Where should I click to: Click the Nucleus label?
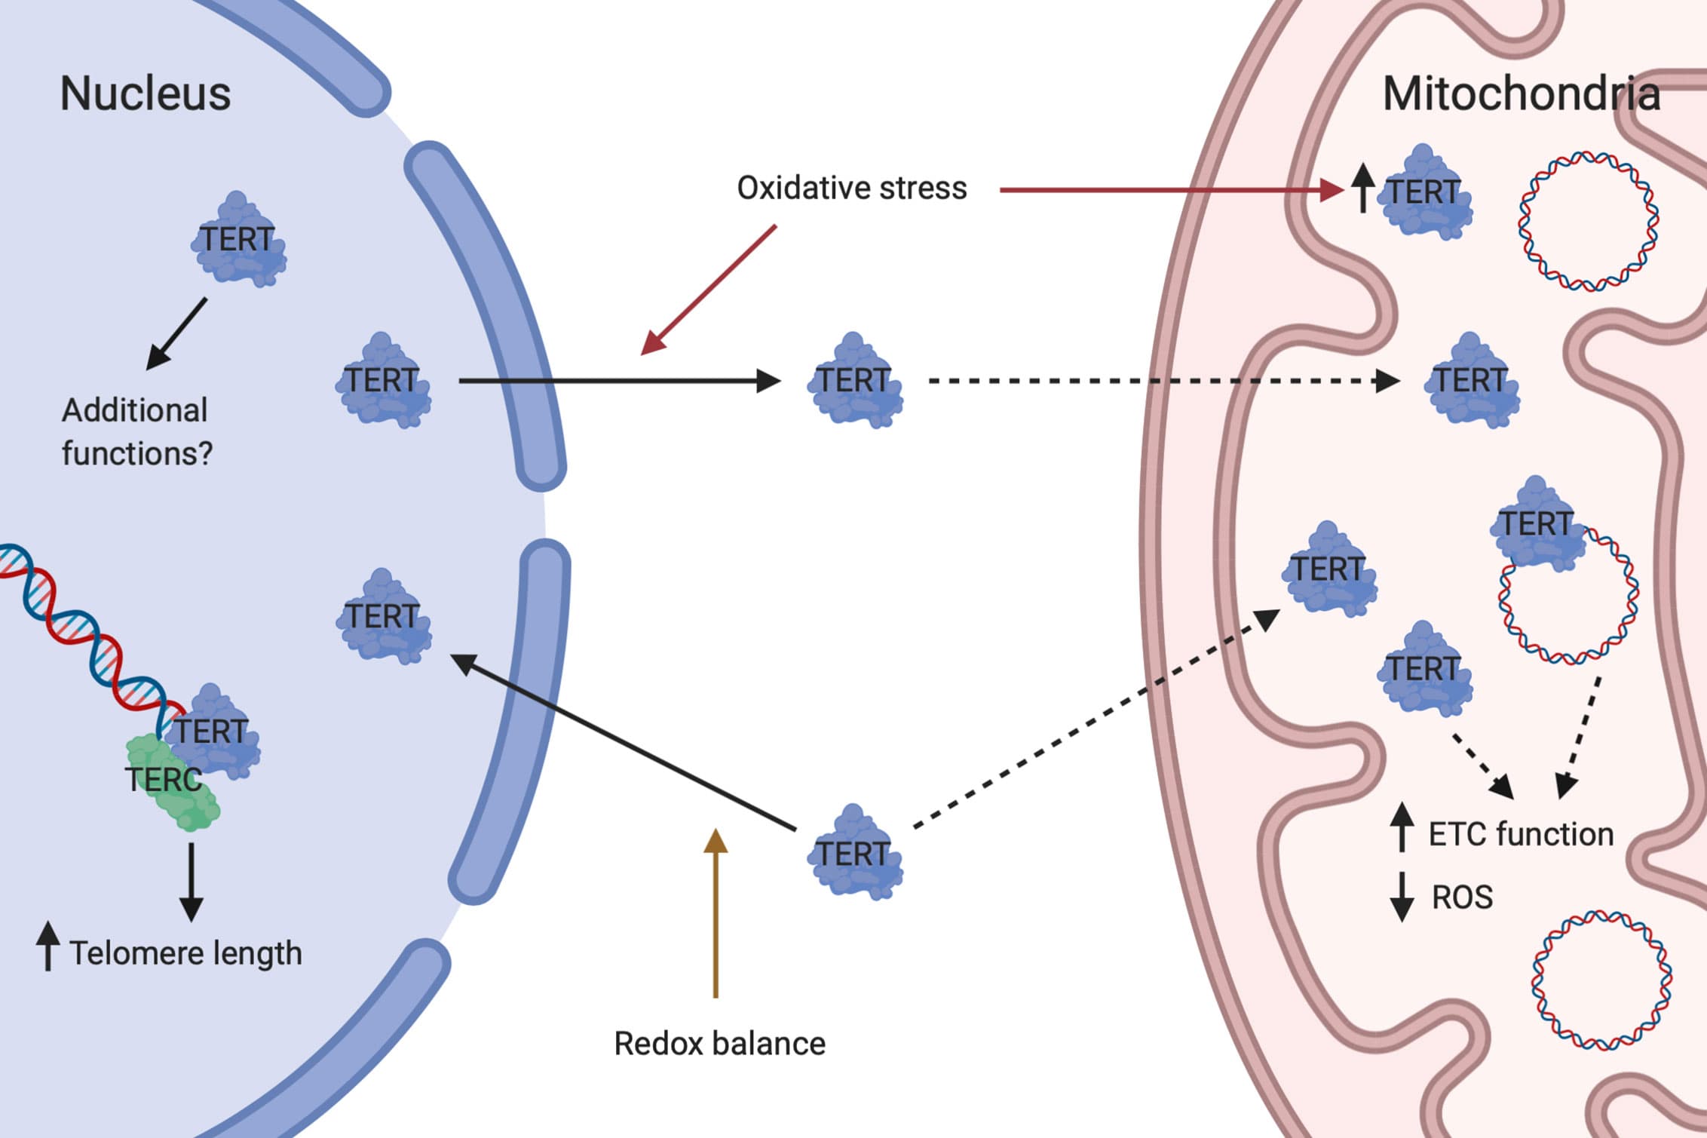(x=145, y=94)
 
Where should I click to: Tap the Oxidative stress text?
(x=851, y=189)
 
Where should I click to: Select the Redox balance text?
(x=719, y=1044)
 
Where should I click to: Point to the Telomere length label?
(x=185, y=953)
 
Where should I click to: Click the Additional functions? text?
(x=136, y=432)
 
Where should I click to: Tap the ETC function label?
(x=1521, y=834)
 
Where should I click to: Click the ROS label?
(x=1462, y=897)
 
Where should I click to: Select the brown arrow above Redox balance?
(x=716, y=913)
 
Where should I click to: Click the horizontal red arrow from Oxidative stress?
(x=1169, y=190)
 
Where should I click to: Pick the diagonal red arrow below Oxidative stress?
(x=709, y=290)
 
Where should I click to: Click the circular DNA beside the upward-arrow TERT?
(x=1588, y=222)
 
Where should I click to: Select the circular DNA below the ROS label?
(x=1601, y=980)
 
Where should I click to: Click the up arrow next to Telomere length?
(x=48, y=945)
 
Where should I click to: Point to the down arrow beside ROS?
(x=1402, y=897)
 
